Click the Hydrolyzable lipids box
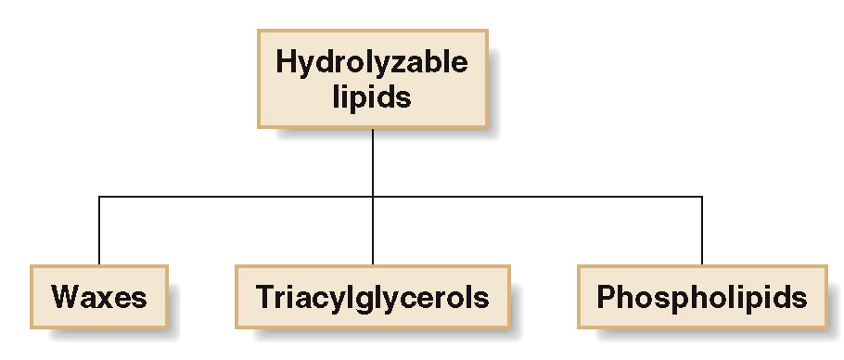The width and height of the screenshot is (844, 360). pyautogui.click(x=372, y=79)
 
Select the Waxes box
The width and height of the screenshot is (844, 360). pyautogui.click(x=99, y=298)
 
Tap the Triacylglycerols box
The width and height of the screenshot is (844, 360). pyautogui.click(x=372, y=298)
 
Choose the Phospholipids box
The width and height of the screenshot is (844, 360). pyautogui.click(x=701, y=298)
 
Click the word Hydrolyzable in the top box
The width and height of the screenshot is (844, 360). pyautogui.click(x=372, y=63)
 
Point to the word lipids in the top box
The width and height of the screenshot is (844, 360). pyautogui.click(x=371, y=96)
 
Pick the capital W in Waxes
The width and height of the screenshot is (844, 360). pyautogui.click(x=65, y=298)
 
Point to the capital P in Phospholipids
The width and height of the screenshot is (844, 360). pyautogui.click(x=606, y=298)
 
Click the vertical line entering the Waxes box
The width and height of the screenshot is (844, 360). pyautogui.click(x=99, y=232)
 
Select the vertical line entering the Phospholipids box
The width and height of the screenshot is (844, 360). pyautogui.click(x=702, y=232)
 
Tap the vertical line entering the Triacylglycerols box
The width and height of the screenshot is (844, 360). pyautogui.click(x=373, y=232)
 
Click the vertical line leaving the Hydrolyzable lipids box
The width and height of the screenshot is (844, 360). pyautogui.click(x=373, y=161)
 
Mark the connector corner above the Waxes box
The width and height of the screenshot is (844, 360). pyautogui.click(x=99, y=197)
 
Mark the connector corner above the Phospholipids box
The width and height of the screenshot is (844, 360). pyautogui.click(x=702, y=197)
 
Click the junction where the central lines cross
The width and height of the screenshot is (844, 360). pyautogui.click(x=373, y=197)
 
